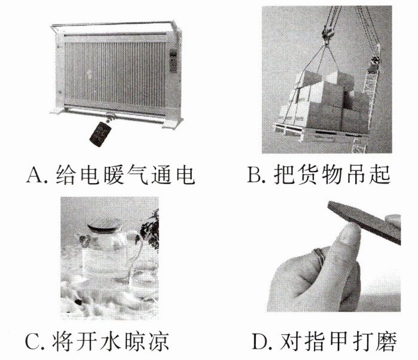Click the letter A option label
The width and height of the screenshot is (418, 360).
pos(33,175)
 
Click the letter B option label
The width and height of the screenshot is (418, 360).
pos(254,175)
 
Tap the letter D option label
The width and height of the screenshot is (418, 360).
pos(260,341)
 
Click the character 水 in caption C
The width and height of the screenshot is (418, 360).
pos(111,341)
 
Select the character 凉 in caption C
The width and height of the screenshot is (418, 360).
pos(159,341)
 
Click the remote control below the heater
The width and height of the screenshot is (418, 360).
pos(100,134)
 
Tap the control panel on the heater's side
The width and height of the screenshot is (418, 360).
pos(173,61)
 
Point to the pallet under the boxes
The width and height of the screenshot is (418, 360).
pos(320,132)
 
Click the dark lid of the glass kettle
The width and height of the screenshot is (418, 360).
pos(104,226)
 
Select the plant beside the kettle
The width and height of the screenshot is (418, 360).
pos(150,230)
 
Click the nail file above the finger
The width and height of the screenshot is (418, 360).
pos(364,222)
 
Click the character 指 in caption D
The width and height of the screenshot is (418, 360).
pos(315,341)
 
